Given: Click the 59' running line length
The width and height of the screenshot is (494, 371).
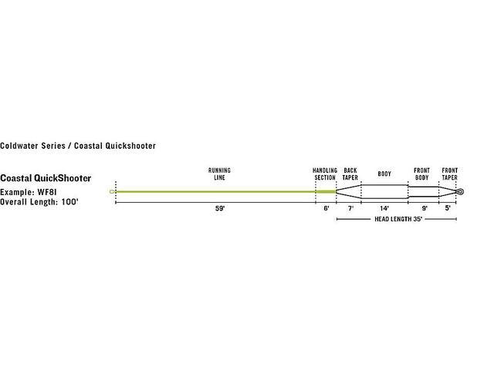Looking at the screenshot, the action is point(220,208).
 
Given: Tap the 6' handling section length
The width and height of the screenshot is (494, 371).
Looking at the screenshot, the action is point(327,208).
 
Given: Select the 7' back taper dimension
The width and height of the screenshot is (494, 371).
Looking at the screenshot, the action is point(350,208).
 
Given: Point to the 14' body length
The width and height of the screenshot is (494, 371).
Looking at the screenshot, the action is point(384,208).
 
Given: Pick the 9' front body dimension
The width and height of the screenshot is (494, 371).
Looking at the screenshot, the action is point(425,208).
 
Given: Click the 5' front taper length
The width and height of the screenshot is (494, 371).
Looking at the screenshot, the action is point(448,208).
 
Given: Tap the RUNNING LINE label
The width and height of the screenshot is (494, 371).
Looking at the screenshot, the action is point(219,174).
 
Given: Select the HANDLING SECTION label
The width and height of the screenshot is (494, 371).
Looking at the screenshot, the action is point(325,174).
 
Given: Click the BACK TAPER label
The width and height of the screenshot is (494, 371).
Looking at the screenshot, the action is point(350,174).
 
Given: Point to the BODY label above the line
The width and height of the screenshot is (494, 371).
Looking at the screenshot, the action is point(384,174).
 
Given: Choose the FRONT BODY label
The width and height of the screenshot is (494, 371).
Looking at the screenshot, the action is point(422,174).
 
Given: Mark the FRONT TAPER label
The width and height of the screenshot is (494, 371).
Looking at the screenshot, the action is point(449,174).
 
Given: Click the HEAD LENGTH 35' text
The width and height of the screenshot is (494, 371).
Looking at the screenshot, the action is point(398,219).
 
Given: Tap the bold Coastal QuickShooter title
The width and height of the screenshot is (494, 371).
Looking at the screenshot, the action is point(46,178).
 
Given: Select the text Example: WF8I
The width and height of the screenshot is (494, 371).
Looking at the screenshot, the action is point(29,192).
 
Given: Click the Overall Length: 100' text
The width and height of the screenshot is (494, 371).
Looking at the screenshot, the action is point(39,202).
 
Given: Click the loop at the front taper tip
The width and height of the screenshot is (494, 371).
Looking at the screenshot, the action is point(460,191).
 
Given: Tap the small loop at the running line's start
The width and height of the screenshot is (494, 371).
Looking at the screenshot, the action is point(111,191).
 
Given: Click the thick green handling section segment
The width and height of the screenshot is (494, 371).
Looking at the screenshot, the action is point(326,191).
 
